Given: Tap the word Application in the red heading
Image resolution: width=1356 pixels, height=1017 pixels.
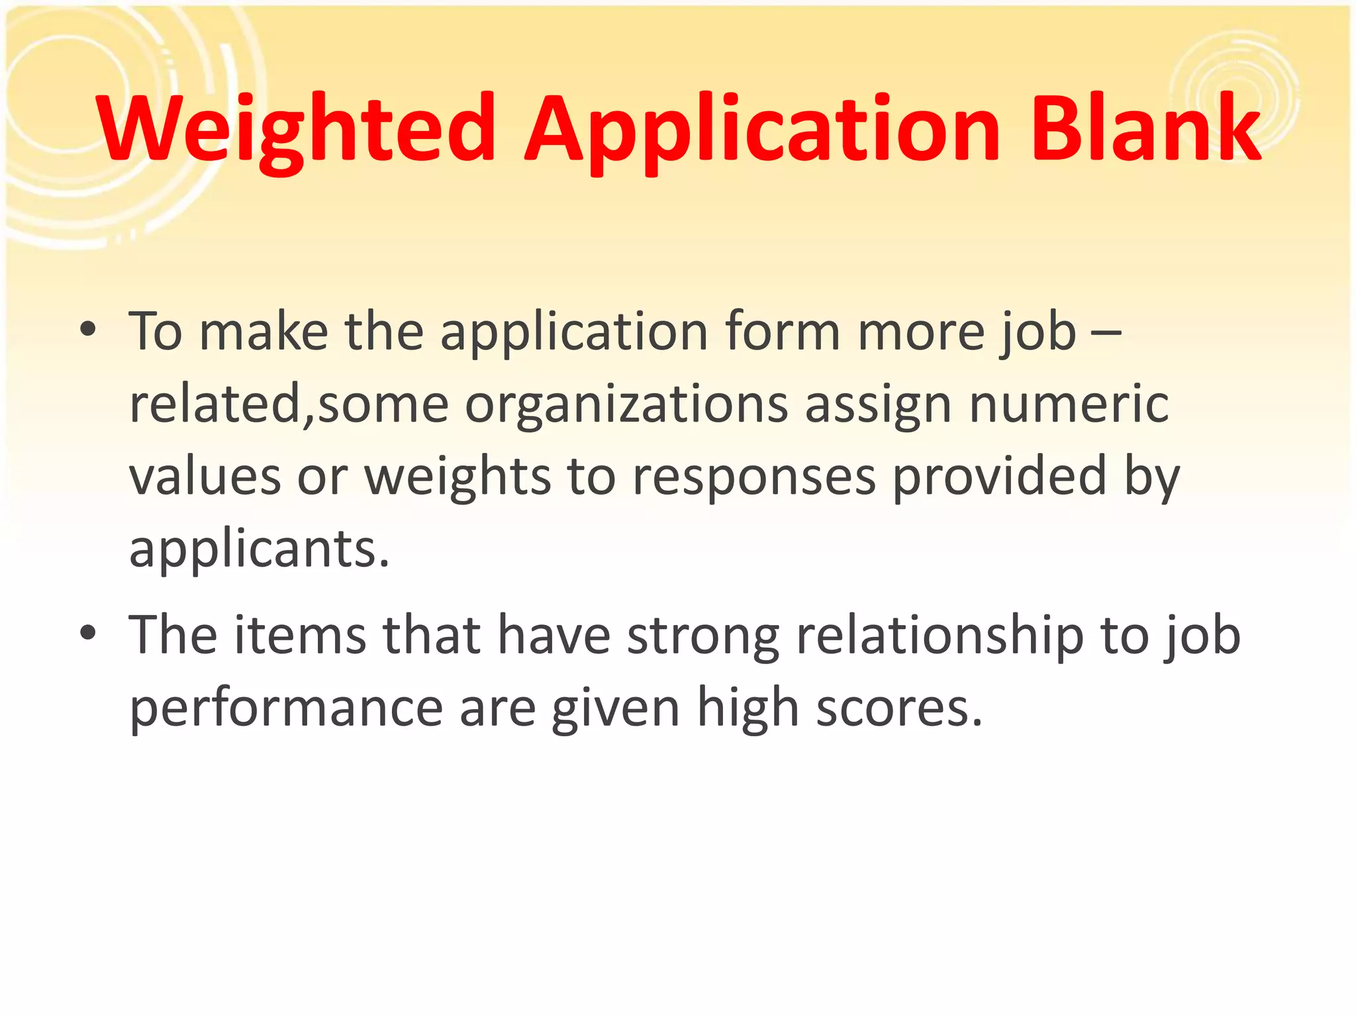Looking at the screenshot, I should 762,129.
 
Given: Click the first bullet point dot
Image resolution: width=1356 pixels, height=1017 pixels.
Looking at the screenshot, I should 87,329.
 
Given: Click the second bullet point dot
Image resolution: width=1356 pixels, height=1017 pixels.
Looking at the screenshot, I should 87,633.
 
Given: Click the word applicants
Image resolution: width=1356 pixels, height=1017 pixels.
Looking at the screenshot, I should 259,550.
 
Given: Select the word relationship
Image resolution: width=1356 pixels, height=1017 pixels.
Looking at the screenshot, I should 940,636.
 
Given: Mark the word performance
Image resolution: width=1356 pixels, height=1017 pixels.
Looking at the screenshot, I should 285,708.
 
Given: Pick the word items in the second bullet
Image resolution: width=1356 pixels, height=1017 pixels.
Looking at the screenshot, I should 300,635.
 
